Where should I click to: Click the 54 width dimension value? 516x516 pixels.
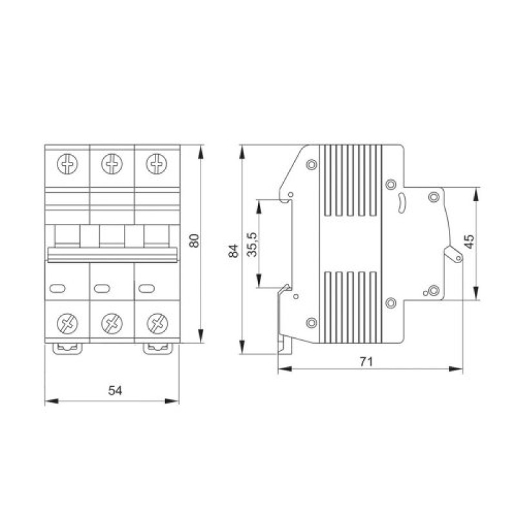click(115, 391)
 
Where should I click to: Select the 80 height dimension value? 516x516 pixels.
click(195, 241)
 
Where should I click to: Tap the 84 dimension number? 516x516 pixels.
click(233, 251)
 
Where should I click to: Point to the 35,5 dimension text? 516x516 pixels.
click(253, 244)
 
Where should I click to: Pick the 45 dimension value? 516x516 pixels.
click(470, 241)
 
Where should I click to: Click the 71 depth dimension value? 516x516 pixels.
click(366, 362)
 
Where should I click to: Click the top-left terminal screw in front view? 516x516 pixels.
click(68, 164)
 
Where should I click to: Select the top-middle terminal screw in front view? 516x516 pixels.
click(112, 164)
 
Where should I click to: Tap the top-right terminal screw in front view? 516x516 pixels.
click(157, 164)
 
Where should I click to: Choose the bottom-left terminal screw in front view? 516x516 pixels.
click(68, 324)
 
